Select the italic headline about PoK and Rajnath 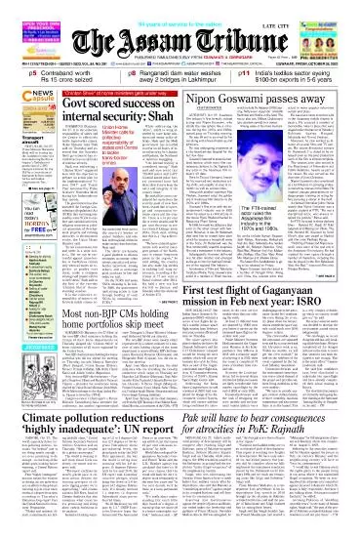pos(266,453)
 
